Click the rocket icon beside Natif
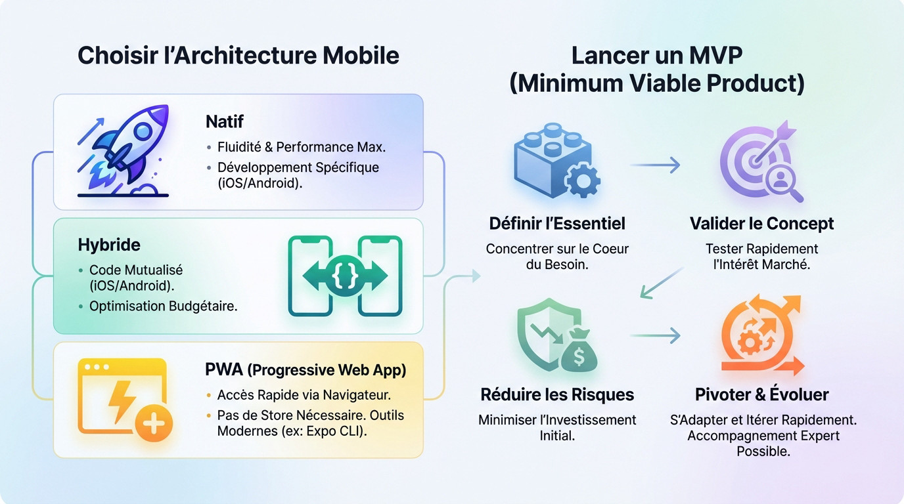(x=124, y=151)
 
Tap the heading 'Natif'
(x=225, y=121)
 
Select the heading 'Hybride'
(x=109, y=245)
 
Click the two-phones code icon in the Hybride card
(x=345, y=276)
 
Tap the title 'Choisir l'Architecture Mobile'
(x=238, y=55)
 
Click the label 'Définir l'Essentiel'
(x=557, y=224)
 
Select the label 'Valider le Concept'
(x=761, y=224)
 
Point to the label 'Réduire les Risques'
(x=557, y=394)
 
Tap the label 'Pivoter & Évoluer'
(x=761, y=394)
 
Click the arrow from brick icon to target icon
(x=656, y=165)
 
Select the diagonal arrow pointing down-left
(x=662, y=283)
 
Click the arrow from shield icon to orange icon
(x=656, y=336)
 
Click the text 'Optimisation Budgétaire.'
(x=163, y=306)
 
